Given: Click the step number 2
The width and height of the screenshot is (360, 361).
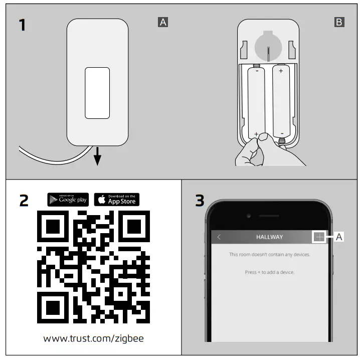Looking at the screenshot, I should [x=24, y=201].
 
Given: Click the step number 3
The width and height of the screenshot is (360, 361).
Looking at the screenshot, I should [x=200, y=201].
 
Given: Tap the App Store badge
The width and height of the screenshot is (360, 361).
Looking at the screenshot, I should [x=117, y=200].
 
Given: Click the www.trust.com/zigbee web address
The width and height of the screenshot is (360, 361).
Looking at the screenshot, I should [x=93, y=338].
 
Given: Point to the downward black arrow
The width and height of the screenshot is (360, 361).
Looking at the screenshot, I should [x=97, y=156].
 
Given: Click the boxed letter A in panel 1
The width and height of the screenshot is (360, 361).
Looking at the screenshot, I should [x=162, y=22].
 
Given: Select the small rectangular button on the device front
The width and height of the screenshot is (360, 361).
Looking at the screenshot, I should [x=97, y=93].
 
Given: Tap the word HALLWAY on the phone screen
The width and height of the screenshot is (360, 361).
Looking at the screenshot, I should [x=269, y=237].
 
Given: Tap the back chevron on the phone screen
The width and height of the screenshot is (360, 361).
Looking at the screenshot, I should [x=219, y=237].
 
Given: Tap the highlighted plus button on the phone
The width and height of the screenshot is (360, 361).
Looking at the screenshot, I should [x=318, y=237].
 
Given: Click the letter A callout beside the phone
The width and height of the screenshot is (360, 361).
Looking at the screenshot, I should [x=339, y=237].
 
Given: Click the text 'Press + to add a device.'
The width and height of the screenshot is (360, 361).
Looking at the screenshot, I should [x=269, y=272].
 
